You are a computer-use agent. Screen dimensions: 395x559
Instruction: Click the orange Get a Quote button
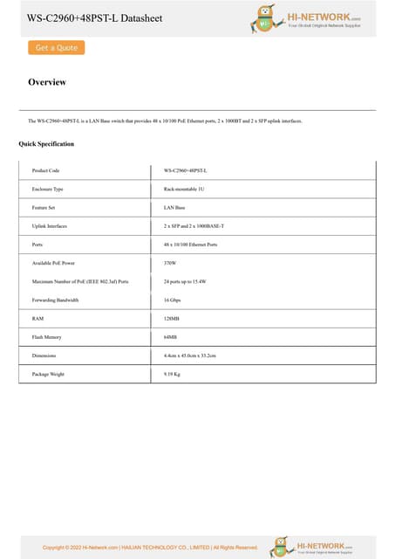pyautogui.click(x=56, y=48)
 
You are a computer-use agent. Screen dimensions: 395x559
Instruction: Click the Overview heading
pyautogui.click(x=47, y=82)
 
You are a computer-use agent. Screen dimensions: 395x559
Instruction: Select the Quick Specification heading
pyautogui.click(x=46, y=143)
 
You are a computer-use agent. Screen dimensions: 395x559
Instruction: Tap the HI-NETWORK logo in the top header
pyautogui.click(x=305, y=17)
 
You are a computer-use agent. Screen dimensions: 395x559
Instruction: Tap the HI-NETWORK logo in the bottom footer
pyautogui.click(x=311, y=546)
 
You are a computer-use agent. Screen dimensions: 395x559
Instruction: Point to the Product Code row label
pyautogui.click(x=45, y=170)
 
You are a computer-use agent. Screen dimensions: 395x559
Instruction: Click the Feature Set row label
pyautogui.click(x=44, y=208)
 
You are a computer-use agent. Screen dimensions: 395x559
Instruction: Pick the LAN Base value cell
pyautogui.click(x=174, y=208)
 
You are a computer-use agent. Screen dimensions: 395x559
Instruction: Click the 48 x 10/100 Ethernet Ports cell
pyautogui.click(x=190, y=245)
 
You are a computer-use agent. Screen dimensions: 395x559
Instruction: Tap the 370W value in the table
pyautogui.click(x=170, y=263)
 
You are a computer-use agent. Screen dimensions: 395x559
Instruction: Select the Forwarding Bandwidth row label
pyautogui.click(x=55, y=300)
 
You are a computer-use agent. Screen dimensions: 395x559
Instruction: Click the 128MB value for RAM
pyautogui.click(x=171, y=319)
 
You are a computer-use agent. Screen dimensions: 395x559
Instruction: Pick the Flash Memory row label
pyautogui.click(x=46, y=337)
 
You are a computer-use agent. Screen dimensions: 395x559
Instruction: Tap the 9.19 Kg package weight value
pyautogui.click(x=172, y=374)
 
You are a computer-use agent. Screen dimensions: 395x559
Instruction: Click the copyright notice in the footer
pyautogui.click(x=150, y=548)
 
